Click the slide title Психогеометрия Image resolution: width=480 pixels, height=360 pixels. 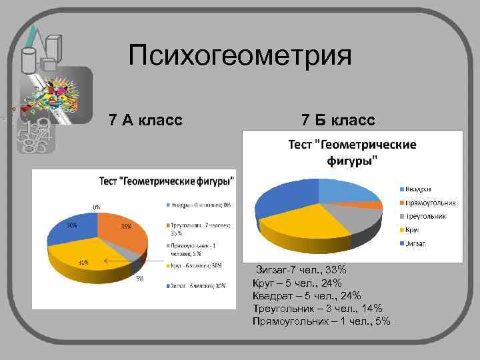[239, 56]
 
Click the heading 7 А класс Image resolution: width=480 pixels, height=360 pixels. [145, 120]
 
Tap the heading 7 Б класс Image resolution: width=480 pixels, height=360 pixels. [338, 120]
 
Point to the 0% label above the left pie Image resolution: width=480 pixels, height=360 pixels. [97, 207]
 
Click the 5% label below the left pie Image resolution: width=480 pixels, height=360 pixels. [140, 279]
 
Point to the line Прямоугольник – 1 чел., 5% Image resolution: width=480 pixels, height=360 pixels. [321, 321]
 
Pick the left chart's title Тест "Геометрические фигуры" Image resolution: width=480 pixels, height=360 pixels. [167, 181]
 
